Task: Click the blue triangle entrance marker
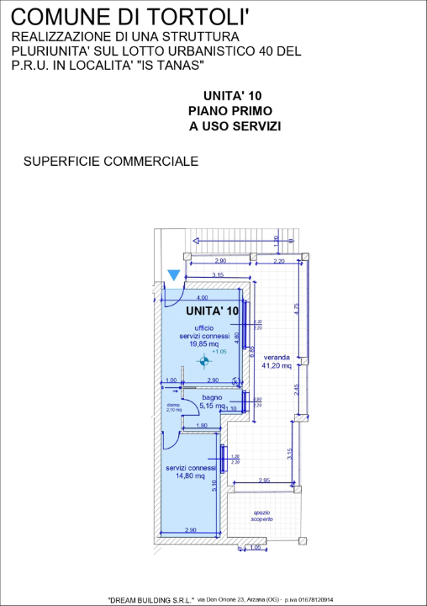click(x=174, y=275)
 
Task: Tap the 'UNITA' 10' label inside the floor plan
click(x=212, y=311)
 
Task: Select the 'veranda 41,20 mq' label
click(x=276, y=361)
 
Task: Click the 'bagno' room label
click(x=210, y=396)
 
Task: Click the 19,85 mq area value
click(x=203, y=343)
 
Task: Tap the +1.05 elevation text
click(x=219, y=352)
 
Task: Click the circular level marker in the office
click(x=203, y=362)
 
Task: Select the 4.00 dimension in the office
click(x=202, y=298)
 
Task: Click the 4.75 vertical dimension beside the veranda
click(x=296, y=308)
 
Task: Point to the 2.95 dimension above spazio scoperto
click(x=263, y=480)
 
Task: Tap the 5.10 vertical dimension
click(x=215, y=486)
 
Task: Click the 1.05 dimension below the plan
click(x=256, y=547)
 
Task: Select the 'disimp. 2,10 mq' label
click(x=174, y=407)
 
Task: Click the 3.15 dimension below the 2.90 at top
click(x=217, y=275)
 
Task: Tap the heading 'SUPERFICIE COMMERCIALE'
click(x=111, y=161)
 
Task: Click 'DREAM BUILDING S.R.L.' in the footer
click(x=151, y=599)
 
